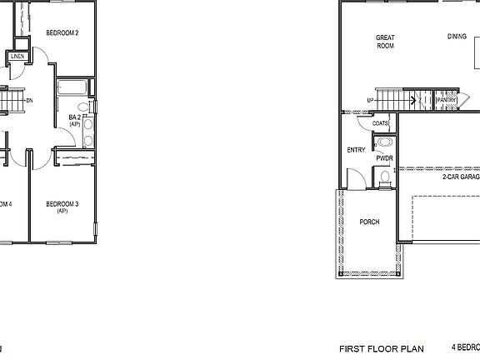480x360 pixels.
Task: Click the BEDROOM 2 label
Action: (x=62, y=33)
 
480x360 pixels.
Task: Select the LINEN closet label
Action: (x=17, y=57)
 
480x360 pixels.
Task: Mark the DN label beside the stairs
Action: (x=30, y=101)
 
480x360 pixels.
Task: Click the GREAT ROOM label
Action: (x=385, y=42)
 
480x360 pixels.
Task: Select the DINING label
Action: (x=457, y=37)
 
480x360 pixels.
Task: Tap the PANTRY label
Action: (x=447, y=101)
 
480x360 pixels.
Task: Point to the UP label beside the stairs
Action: (x=370, y=101)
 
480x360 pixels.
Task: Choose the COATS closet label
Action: (x=380, y=123)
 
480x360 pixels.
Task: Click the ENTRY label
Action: (x=356, y=151)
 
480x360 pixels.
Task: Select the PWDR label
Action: (x=384, y=157)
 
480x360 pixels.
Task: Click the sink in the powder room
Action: (x=383, y=142)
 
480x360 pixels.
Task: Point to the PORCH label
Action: (x=369, y=222)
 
